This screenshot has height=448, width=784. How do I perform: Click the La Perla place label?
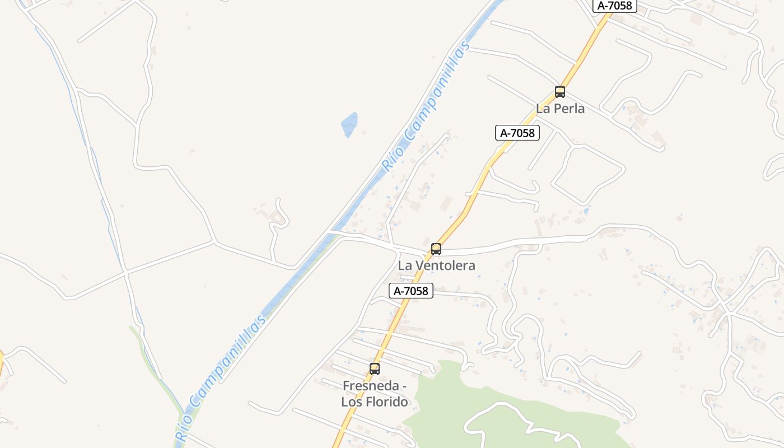pyautogui.click(x=560, y=109)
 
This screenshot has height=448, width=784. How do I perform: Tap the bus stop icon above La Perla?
pyautogui.click(x=559, y=92)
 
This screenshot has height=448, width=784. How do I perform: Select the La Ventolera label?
pyautogui.click(x=436, y=265)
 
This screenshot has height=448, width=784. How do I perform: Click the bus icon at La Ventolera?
pyautogui.click(x=436, y=249)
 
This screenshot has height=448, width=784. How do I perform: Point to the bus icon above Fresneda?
pyautogui.click(x=375, y=369)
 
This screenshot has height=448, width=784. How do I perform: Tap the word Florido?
pyautogui.click(x=386, y=402)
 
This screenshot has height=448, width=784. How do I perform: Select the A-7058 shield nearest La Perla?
pyautogui.click(x=517, y=133)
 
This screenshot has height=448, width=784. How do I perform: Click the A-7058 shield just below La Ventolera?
pyautogui.click(x=411, y=291)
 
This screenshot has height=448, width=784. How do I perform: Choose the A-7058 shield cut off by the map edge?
pyautogui.click(x=614, y=6)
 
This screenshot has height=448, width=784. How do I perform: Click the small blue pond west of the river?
pyautogui.click(x=349, y=124)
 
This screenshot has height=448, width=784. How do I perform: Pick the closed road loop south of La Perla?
pyautogui.click(x=588, y=174)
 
